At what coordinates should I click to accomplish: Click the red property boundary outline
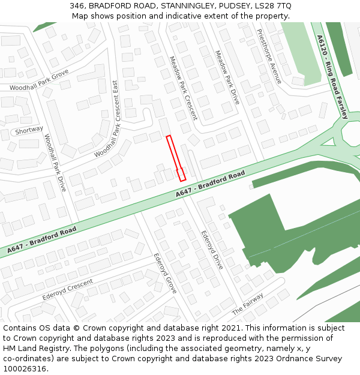pos(175,157)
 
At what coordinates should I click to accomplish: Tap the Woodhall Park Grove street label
pos(39,82)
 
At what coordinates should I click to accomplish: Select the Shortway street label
pos(29,130)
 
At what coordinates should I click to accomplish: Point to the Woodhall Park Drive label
pos(55,163)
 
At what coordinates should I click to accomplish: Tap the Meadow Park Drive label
pos(227,77)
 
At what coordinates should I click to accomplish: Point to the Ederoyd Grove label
pos(165,272)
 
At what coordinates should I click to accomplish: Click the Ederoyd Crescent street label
pos(67,290)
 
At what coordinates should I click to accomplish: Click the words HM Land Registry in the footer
pos(32,349)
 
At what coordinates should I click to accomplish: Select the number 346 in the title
pos(76,5)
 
